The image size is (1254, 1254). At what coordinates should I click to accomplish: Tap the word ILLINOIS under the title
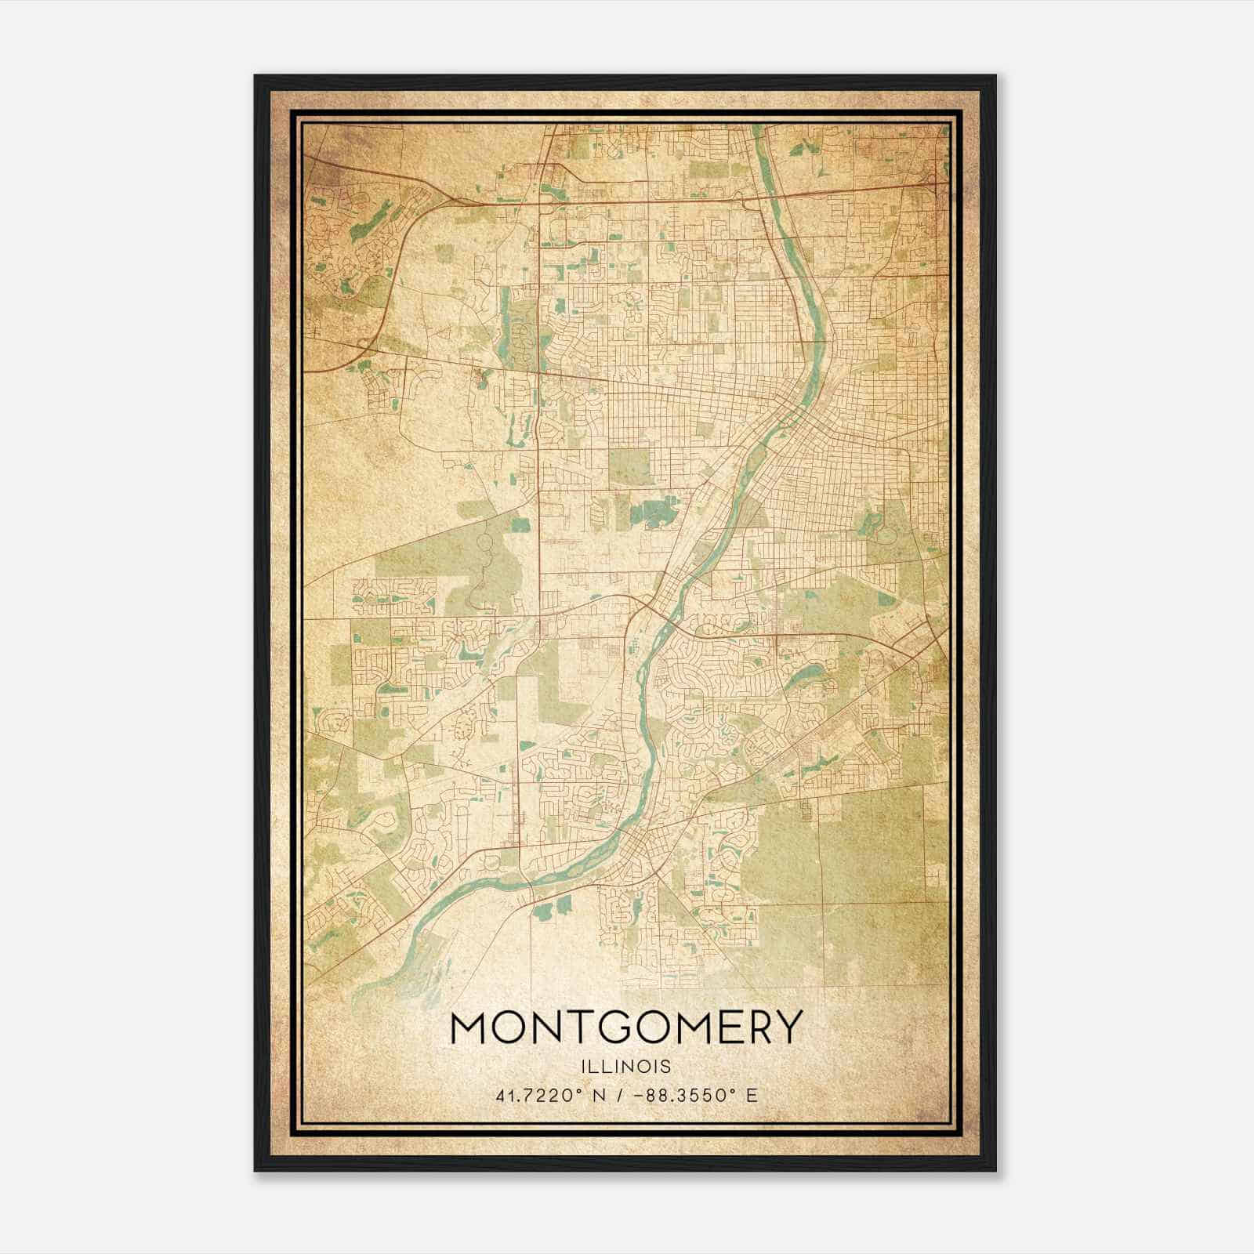626,1067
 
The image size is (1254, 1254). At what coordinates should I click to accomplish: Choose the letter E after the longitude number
752,1095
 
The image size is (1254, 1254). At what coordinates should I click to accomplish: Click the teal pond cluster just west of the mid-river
655,513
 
